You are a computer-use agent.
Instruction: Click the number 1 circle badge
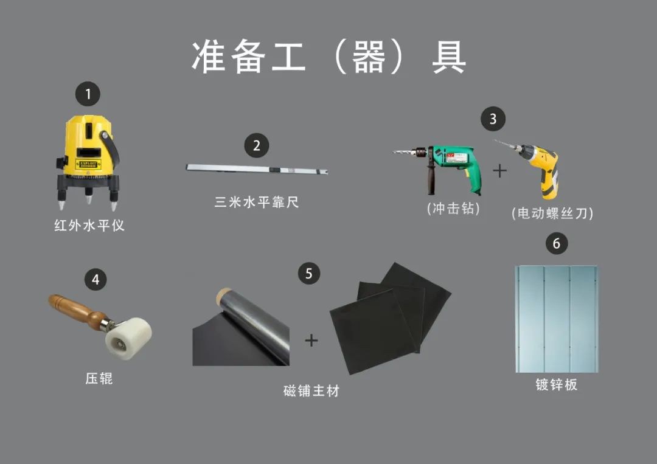click(x=88, y=94)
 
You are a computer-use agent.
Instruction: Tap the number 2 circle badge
click(x=257, y=145)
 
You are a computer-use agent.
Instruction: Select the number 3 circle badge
click(x=493, y=119)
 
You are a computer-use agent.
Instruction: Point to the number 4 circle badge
click(x=96, y=279)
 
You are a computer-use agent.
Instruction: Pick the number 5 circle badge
click(x=309, y=274)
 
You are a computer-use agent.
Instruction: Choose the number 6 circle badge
click(x=557, y=243)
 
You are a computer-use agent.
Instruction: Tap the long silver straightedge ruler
click(x=257, y=169)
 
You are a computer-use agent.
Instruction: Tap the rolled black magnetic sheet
click(x=241, y=329)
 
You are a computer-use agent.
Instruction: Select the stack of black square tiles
click(x=391, y=318)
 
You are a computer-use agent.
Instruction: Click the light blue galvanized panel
click(x=557, y=319)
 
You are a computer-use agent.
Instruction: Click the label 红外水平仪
click(x=89, y=225)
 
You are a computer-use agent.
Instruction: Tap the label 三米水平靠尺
click(x=257, y=203)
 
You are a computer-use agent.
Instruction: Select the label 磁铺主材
click(x=311, y=390)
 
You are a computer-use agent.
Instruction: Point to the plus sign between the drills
click(x=499, y=171)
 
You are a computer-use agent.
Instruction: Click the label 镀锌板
click(x=557, y=384)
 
